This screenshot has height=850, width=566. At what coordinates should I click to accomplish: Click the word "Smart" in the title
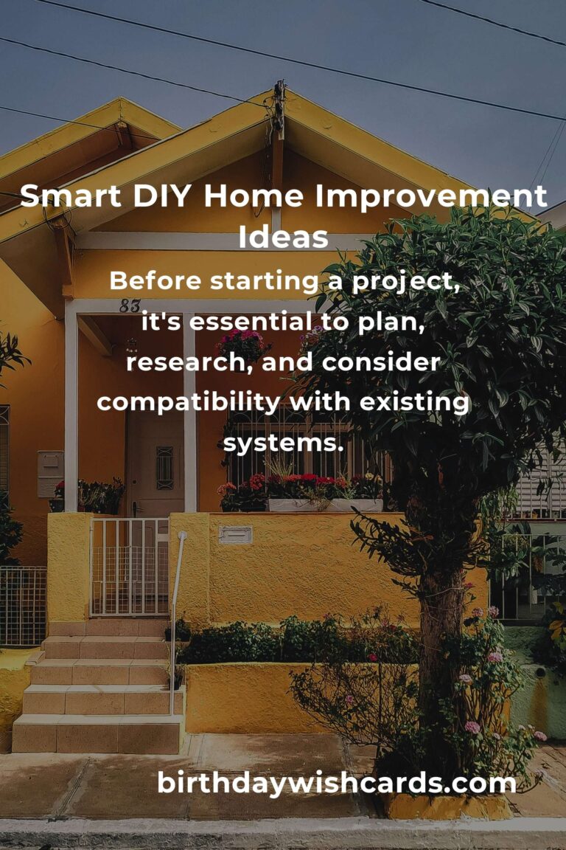point(71,196)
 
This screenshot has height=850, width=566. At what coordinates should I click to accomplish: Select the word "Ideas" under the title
point(283,236)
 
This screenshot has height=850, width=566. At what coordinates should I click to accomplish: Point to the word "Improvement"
point(431,196)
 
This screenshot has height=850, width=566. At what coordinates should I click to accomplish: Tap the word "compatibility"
point(188,403)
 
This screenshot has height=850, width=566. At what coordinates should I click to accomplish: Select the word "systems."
point(283,443)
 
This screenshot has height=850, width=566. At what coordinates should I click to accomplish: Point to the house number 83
point(130,305)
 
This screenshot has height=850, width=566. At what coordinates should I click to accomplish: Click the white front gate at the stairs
point(130,567)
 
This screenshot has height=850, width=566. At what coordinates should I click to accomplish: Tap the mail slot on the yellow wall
point(235,534)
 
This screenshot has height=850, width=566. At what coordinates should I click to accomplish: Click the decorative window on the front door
point(164,468)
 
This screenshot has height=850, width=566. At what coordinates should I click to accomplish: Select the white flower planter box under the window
point(325,505)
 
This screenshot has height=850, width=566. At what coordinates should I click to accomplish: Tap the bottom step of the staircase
point(97,734)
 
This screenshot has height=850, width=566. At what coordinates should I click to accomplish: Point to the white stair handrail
point(177,623)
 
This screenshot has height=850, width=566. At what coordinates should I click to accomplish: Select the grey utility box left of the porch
point(50,474)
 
